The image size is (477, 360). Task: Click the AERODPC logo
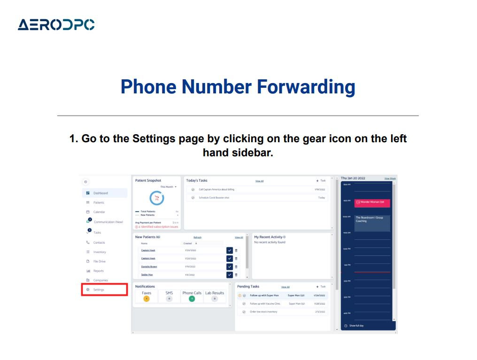56,24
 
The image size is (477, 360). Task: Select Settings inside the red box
99,290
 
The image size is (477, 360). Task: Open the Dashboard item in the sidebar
100,193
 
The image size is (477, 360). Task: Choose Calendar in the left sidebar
99,212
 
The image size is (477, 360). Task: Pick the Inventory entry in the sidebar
99,252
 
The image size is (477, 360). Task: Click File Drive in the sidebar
99,261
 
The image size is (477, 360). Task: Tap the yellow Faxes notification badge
146,299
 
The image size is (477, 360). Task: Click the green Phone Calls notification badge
192,299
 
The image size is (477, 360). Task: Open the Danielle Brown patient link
149,267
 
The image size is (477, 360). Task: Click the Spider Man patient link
147,275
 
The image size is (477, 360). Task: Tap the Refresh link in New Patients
197,237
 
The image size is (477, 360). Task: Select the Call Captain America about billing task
216,189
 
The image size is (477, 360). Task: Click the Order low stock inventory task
263,312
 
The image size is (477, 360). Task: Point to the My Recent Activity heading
269,237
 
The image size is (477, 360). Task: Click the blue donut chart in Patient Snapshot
157,199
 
